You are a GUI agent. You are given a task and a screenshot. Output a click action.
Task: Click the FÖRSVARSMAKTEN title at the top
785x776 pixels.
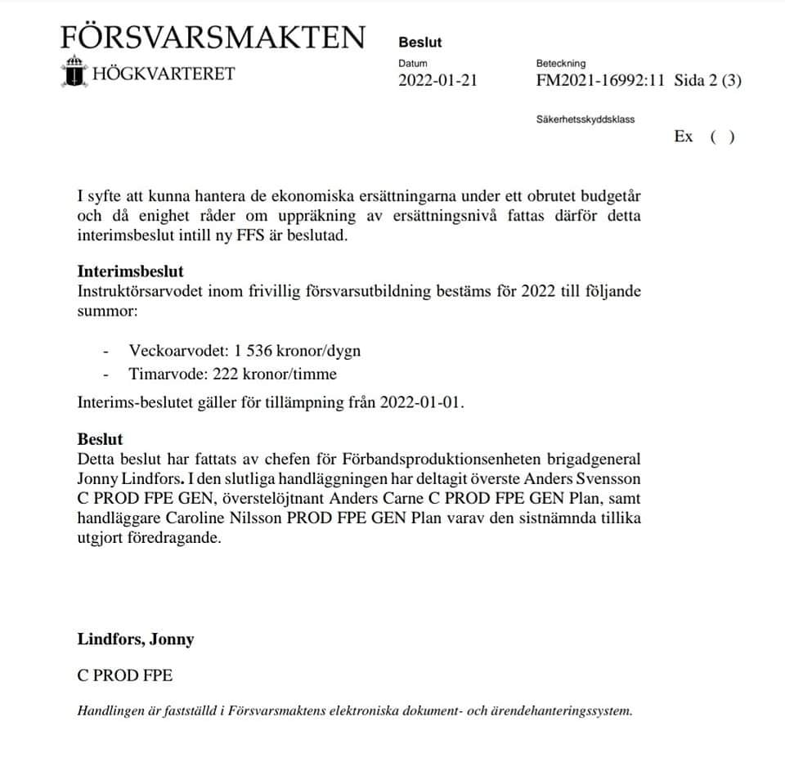click(x=213, y=38)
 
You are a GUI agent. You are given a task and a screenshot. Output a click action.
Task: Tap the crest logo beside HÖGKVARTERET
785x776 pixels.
click(x=74, y=72)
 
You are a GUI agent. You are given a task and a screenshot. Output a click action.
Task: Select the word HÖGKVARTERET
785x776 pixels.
click(x=164, y=74)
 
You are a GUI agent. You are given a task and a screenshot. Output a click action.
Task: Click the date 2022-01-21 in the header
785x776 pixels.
click(x=437, y=80)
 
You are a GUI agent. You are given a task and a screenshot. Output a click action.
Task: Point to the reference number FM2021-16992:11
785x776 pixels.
click(x=601, y=80)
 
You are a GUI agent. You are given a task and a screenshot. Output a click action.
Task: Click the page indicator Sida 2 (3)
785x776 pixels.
click(x=708, y=80)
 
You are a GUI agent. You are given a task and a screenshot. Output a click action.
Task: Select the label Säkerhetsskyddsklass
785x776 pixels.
click(x=585, y=119)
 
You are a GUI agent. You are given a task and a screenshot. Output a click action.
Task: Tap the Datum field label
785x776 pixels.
click(x=413, y=63)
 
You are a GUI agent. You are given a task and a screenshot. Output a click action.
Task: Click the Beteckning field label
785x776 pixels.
click(x=561, y=63)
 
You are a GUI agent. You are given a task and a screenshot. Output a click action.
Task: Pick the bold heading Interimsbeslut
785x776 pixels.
click(x=130, y=271)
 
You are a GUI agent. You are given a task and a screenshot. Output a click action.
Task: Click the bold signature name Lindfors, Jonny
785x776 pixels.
click(x=136, y=639)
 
